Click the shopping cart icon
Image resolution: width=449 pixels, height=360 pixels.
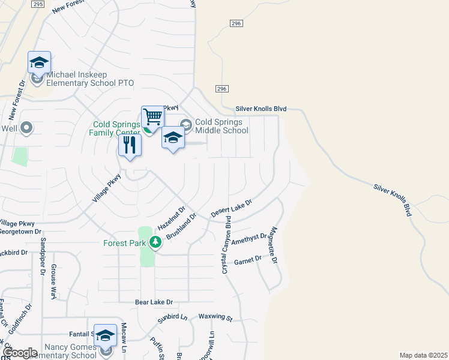[x=152, y=117]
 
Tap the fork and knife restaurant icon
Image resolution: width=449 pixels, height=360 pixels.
[x=130, y=145]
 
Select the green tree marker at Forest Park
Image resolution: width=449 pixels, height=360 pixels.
[x=156, y=242]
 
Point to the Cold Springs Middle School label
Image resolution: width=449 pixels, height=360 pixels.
[x=221, y=126]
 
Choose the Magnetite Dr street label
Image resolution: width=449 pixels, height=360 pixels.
[x=274, y=245]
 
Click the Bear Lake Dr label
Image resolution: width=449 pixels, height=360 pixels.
[x=154, y=302]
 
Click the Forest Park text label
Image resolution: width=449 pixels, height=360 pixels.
[x=125, y=244]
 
